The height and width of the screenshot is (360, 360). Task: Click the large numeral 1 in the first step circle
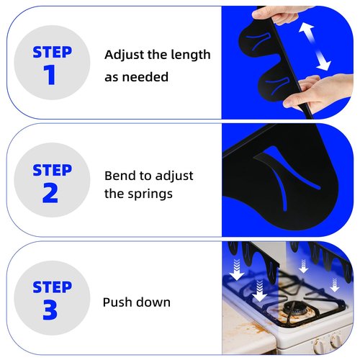pyautogui.click(x=50, y=74)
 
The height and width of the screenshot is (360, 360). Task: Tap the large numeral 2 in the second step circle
pyautogui.click(x=50, y=193)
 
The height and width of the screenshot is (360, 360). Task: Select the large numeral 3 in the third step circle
pyautogui.click(x=50, y=310)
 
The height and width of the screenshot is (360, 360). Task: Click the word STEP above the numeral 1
pyautogui.click(x=52, y=52)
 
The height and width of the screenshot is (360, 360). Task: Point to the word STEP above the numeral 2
pyautogui.click(x=52, y=170)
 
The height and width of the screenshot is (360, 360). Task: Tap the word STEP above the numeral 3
pyautogui.click(x=52, y=287)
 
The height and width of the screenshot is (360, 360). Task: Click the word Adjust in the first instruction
pyautogui.click(x=124, y=55)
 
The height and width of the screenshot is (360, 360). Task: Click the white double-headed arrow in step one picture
pyautogui.click(x=315, y=46)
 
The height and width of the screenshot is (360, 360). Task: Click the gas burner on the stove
pyautogui.click(x=295, y=309)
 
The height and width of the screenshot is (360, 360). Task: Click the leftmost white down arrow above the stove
pyautogui.click(x=237, y=270)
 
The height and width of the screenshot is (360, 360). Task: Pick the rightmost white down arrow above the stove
pyautogui.click(x=335, y=284)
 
